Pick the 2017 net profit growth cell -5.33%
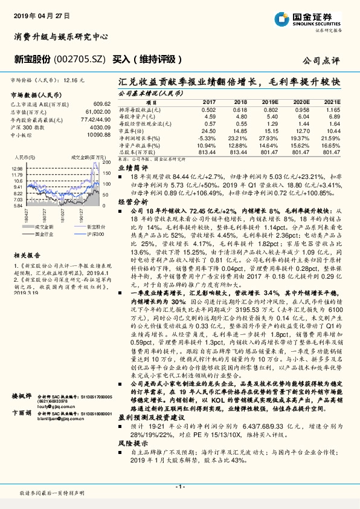(x=207, y=138)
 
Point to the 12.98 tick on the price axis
(x=16, y=169)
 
